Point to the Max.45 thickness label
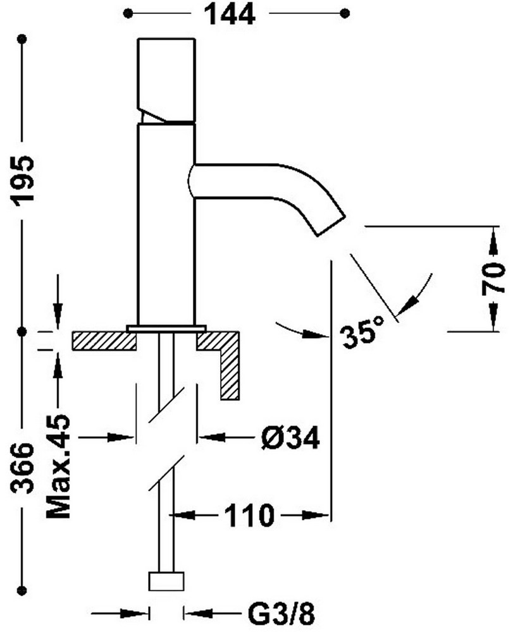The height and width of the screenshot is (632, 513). click(x=59, y=466)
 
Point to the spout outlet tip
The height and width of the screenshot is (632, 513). click(x=330, y=225)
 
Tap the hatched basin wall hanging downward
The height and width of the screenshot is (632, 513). click(x=229, y=373)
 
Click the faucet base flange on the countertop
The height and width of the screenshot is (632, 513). click(x=166, y=327)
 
